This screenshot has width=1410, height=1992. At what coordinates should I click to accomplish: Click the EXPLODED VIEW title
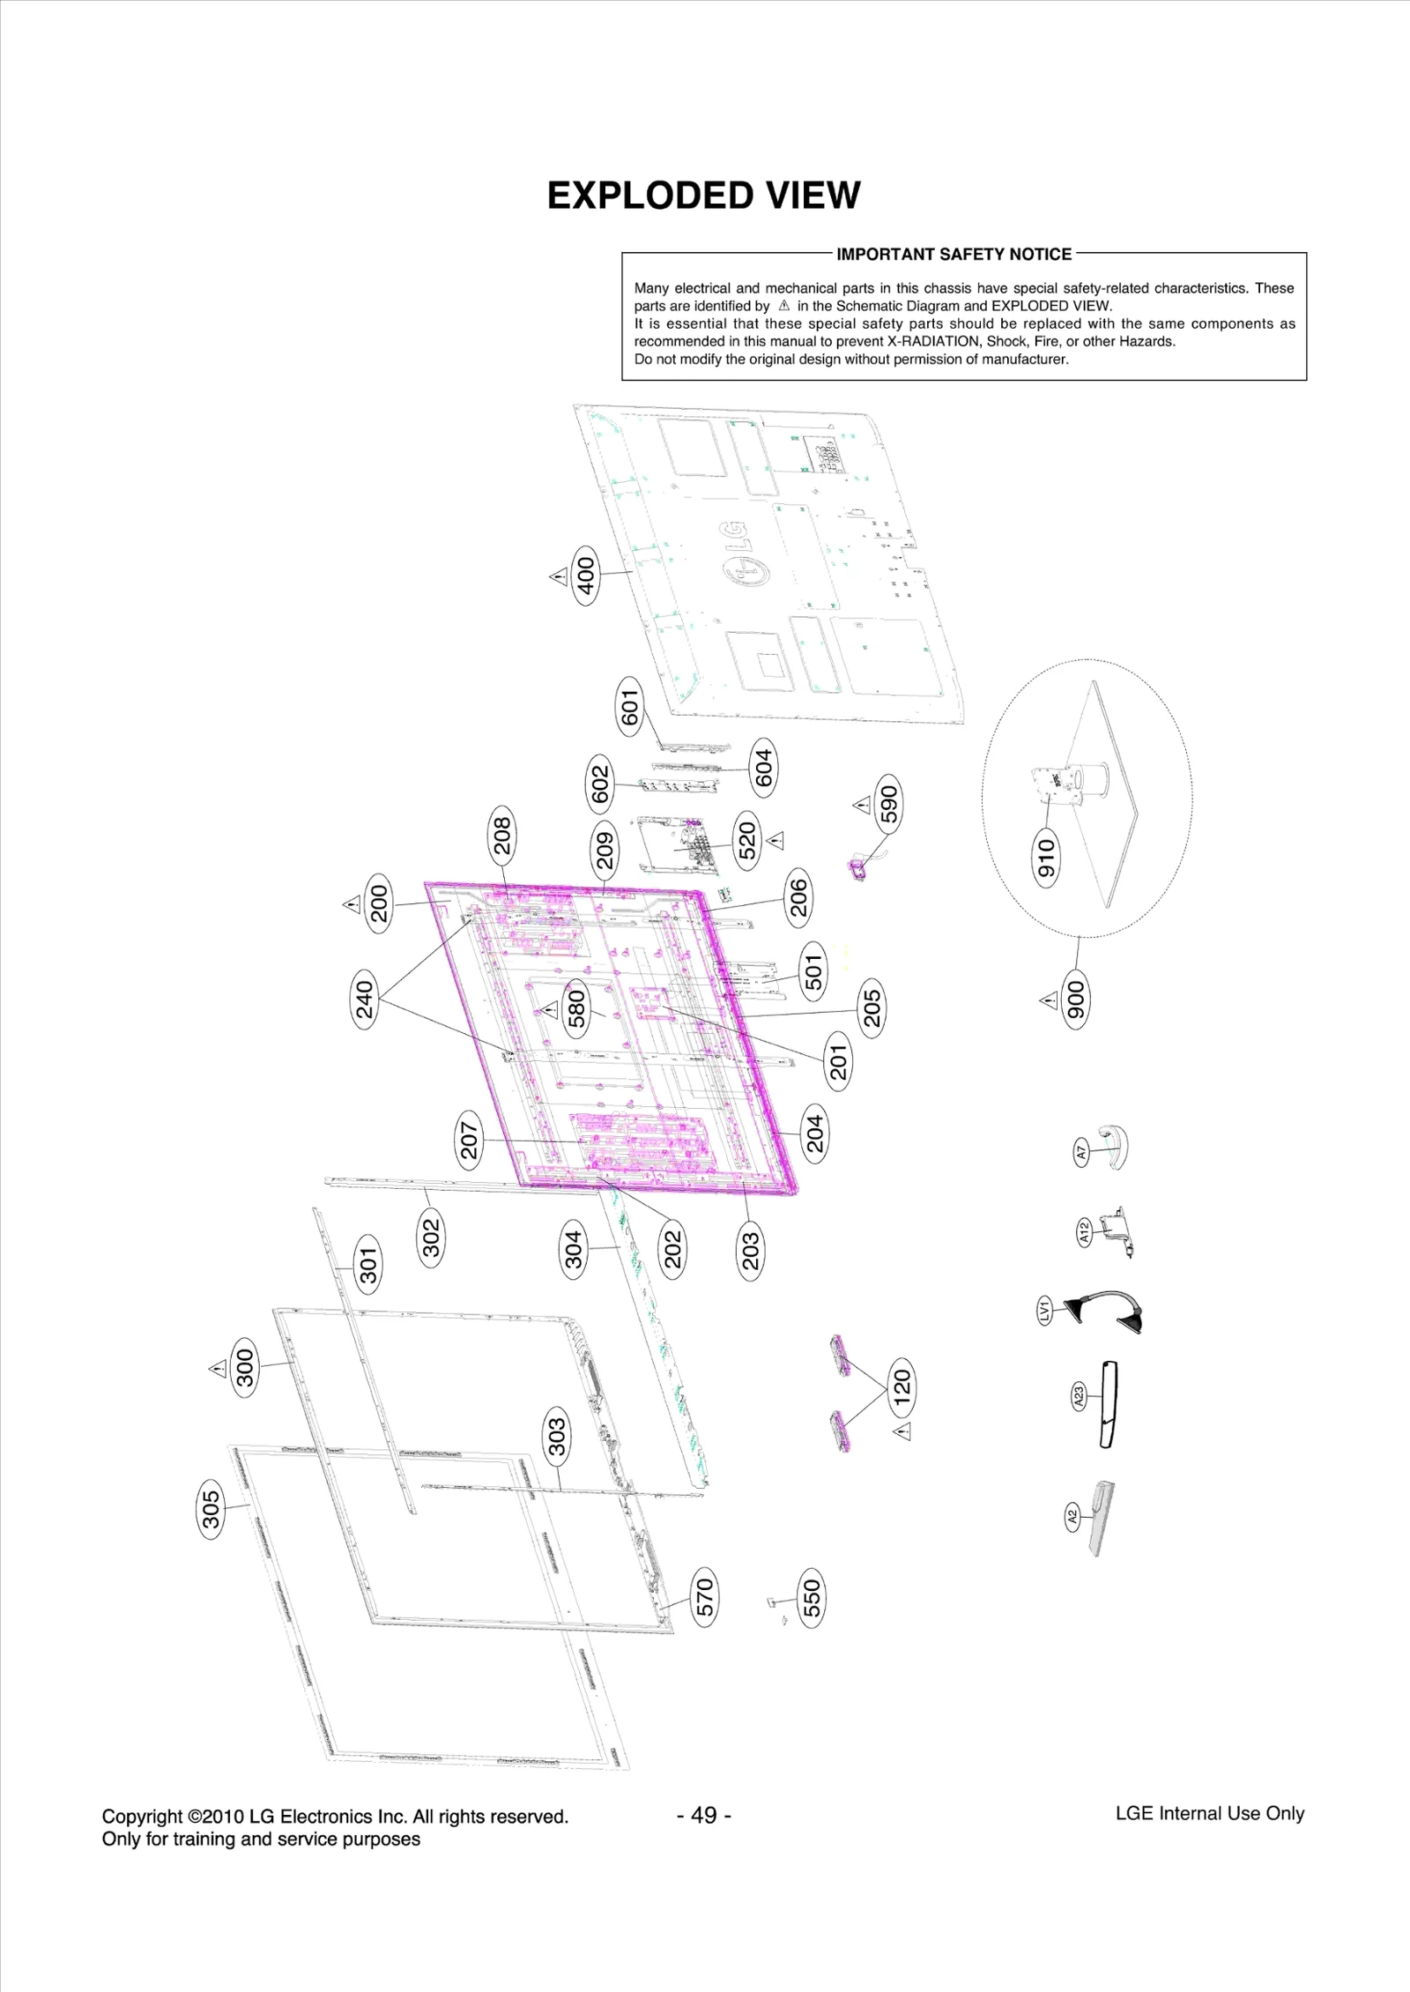tap(703, 196)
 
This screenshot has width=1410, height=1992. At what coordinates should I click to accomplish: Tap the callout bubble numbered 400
tap(586, 576)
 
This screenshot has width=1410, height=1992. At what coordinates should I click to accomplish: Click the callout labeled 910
tap(1045, 858)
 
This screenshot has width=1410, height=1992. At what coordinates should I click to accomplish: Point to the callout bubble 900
tap(1077, 999)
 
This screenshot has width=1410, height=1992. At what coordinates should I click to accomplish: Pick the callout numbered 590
tap(889, 804)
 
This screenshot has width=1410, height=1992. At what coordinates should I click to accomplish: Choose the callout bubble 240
tap(365, 999)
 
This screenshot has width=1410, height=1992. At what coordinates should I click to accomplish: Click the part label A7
tap(1081, 1151)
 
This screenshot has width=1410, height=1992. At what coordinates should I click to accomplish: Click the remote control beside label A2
tap(1101, 1518)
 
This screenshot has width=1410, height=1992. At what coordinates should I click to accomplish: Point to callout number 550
tap(812, 1598)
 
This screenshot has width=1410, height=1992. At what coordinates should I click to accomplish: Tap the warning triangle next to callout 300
tap(218, 1369)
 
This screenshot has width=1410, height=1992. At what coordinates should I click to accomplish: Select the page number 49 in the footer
tap(704, 1816)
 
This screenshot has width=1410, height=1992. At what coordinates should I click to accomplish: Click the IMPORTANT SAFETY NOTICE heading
tap(954, 255)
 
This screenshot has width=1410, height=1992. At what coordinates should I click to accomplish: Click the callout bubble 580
tap(576, 1009)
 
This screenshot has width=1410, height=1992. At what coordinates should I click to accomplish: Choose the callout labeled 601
tap(629, 707)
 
